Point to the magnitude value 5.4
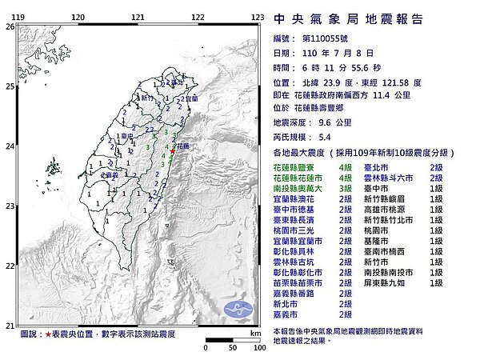tap(310, 136)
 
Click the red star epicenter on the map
tap(173, 148)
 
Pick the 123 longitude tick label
tap(258, 17)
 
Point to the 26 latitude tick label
tap(9, 26)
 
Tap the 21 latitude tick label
tap(9, 325)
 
